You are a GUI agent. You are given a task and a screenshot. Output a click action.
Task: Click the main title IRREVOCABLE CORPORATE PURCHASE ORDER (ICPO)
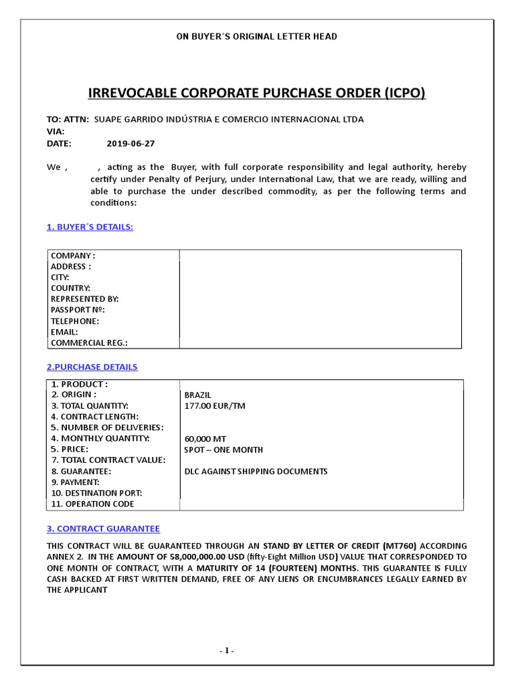point(257,92)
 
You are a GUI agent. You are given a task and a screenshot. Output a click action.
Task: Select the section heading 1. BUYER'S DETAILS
point(90,227)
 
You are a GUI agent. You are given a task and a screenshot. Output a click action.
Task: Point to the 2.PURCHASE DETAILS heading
point(92,367)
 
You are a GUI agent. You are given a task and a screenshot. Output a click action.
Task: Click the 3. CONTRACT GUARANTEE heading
point(103,528)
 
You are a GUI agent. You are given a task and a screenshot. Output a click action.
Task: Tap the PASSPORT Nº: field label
point(78,310)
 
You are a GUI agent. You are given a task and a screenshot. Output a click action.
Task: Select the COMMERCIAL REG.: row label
point(89,342)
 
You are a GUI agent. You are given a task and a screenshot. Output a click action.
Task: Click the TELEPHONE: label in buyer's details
point(75,320)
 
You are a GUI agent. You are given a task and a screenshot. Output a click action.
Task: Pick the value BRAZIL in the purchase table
point(197,395)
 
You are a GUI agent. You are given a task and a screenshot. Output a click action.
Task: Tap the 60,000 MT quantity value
point(206,439)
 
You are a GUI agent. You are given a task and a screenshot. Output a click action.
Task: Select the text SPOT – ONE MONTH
point(224,450)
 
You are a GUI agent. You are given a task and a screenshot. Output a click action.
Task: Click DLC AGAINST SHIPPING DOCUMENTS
point(256,472)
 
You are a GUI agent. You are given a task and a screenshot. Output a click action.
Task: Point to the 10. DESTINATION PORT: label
point(96,493)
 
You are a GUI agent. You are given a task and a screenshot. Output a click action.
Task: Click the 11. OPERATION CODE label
point(92,504)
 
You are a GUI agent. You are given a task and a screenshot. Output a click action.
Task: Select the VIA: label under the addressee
point(56,131)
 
